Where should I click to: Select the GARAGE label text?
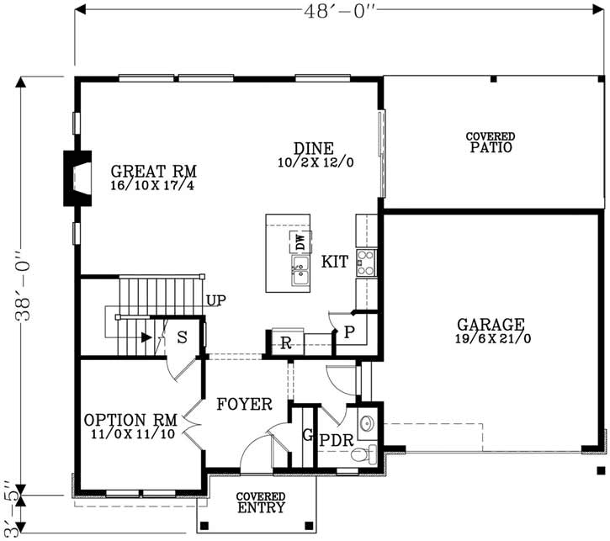click(x=491, y=324)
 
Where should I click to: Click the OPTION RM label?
click(x=130, y=420)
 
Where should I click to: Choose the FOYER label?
click(x=244, y=405)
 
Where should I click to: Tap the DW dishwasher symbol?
click(x=300, y=241)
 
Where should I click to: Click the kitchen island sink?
click(x=300, y=270)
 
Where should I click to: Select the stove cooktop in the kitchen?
click(x=365, y=263)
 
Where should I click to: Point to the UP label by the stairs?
click(x=215, y=300)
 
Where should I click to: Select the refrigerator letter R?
click(x=286, y=343)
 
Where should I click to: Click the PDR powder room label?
click(x=334, y=438)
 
